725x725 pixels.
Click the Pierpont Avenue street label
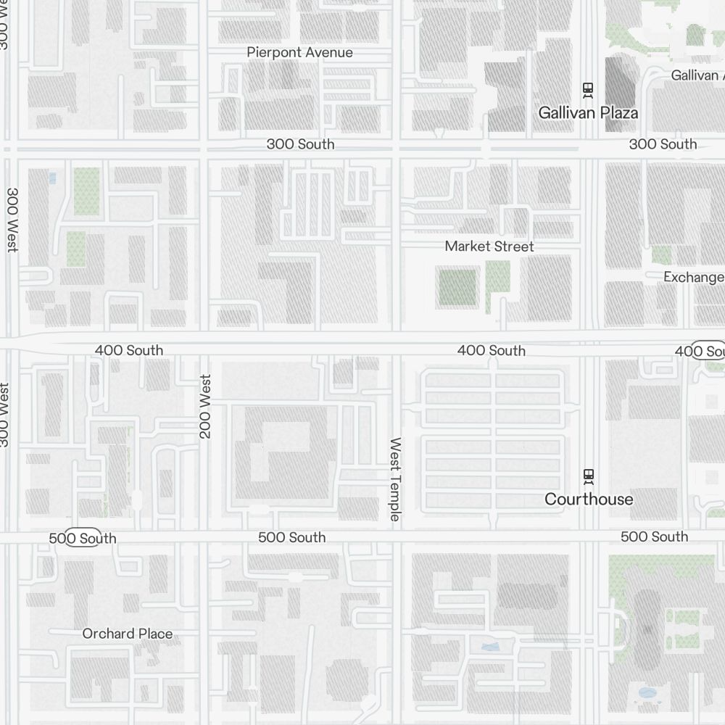[299, 52]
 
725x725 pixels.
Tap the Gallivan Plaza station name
[588, 112]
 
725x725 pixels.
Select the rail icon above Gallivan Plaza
[588, 90]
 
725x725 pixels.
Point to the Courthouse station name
[589, 499]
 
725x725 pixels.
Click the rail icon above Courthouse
[589, 476]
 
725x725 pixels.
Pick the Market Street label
[489, 246]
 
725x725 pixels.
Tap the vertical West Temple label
[395, 478]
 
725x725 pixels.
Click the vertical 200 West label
[206, 406]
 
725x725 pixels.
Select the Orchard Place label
[128, 634]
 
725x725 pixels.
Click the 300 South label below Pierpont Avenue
[300, 144]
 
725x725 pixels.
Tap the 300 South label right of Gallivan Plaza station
[663, 144]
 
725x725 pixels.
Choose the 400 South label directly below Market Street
[491, 351]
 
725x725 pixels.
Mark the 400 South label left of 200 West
[128, 350]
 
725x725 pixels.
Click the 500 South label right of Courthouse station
[654, 536]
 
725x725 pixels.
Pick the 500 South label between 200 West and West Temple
[291, 537]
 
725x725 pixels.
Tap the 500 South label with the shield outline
[82, 538]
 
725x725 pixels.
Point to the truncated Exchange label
[694, 277]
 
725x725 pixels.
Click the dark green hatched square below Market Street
[457, 287]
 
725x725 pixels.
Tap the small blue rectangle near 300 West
[51, 178]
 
